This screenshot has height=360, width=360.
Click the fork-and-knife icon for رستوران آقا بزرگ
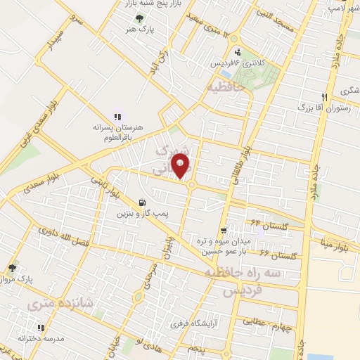pos(324,96)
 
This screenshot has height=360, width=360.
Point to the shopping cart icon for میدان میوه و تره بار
pos(224,230)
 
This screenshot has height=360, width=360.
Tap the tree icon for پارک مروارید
pos(12,268)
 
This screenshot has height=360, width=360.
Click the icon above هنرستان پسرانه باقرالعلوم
pos(117,117)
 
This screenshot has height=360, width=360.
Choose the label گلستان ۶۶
pos(274,254)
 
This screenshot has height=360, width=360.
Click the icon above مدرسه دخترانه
pos(41,327)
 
